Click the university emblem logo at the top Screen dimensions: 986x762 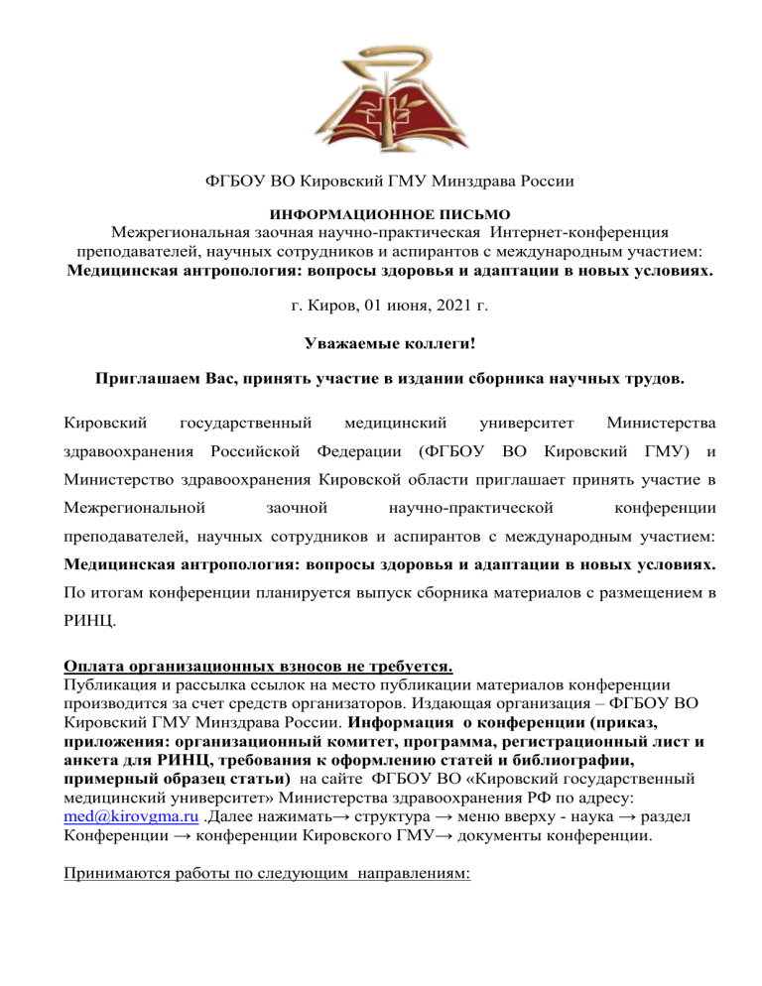tap(382, 80)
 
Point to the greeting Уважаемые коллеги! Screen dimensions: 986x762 tap(382, 342)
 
